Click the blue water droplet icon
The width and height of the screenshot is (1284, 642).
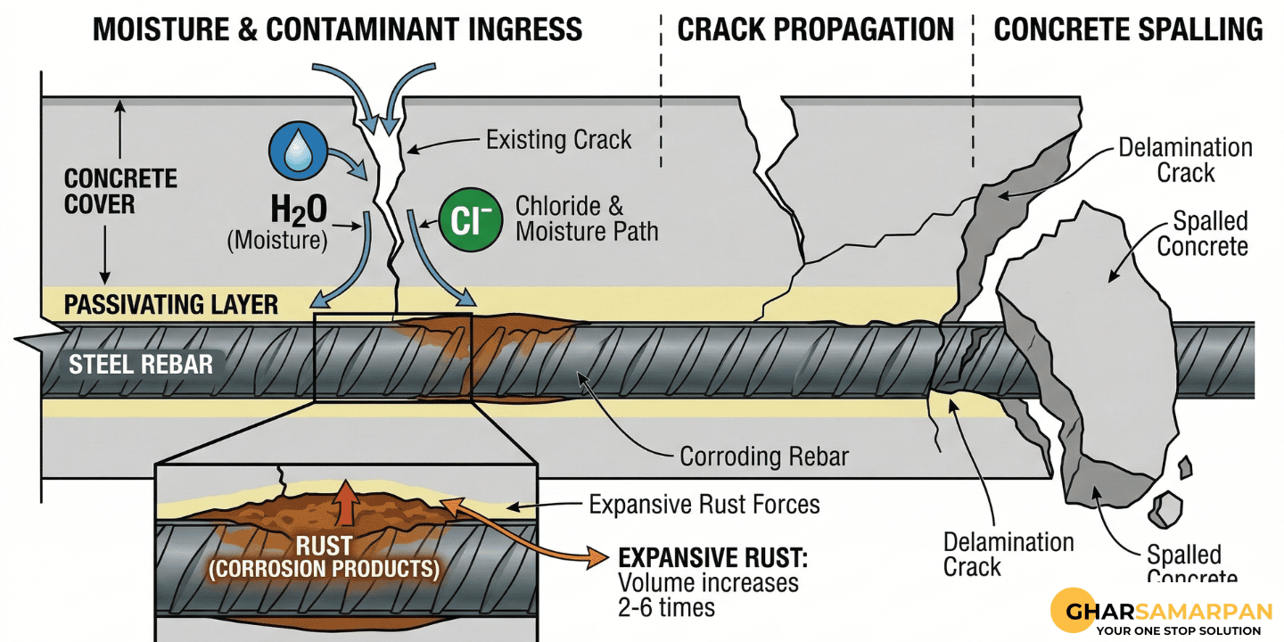(x=298, y=150)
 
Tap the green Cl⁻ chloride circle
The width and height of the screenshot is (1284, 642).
(x=471, y=219)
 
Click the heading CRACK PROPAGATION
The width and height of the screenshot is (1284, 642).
(x=816, y=29)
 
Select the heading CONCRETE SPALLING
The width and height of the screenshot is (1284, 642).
(x=1128, y=29)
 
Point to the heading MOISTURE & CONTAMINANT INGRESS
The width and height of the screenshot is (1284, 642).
(x=338, y=29)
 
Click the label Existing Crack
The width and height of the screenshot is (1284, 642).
(x=558, y=139)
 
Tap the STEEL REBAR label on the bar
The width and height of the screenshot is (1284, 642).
(x=141, y=365)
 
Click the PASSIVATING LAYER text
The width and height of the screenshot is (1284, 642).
(x=171, y=305)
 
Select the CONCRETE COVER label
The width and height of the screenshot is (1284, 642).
(x=120, y=192)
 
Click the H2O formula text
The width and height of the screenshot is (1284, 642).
(x=299, y=210)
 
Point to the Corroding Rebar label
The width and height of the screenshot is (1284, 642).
(x=764, y=457)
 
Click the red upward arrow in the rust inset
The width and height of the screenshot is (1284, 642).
(x=346, y=503)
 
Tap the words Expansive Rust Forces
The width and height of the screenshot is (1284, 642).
(x=704, y=505)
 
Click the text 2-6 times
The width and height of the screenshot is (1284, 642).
(x=667, y=607)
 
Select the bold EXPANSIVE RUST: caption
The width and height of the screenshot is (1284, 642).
(x=713, y=558)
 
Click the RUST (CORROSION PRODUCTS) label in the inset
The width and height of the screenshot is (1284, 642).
(x=324, y=557)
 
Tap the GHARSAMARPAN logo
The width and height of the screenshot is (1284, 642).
(x=1161, y=613)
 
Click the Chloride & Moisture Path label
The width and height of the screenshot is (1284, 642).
(x=587, y=219)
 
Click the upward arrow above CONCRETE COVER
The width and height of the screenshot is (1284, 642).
(x=119, y=129)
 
